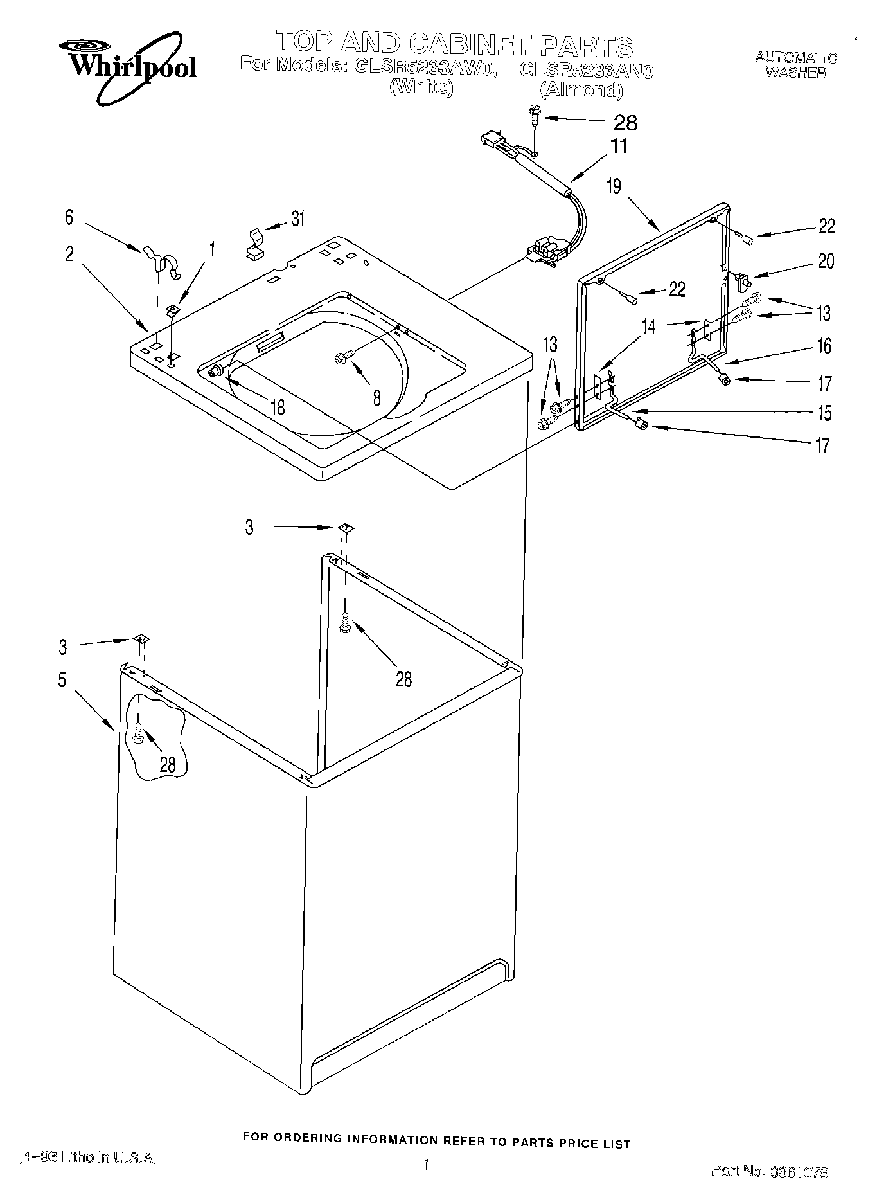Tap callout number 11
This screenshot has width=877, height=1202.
(618, 146)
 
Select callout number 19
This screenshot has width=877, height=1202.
(614, 186)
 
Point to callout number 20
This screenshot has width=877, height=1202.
(826, 261)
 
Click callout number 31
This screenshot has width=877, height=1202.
(297, 219)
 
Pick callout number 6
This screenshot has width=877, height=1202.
(69, 217)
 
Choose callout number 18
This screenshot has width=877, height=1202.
(278, 407)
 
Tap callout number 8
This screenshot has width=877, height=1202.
(376, 398)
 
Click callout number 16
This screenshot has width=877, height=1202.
(824, 347)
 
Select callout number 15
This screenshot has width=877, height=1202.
(824, 413)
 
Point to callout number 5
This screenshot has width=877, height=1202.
(62, 679)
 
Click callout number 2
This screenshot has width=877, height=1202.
(69, 254)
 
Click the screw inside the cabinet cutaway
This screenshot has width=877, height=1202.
(139, 732)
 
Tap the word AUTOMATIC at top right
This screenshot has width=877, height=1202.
(796, 58)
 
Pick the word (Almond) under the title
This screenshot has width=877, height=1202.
(581, 90)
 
